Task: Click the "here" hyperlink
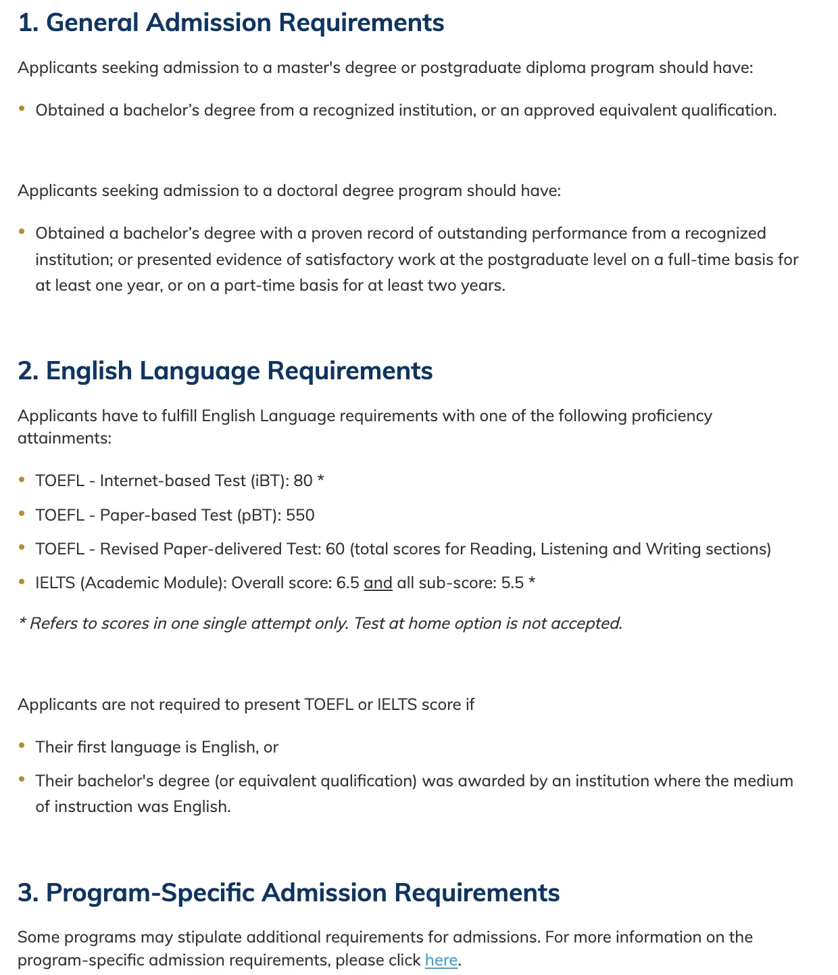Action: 441,960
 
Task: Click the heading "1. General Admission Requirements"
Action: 231,23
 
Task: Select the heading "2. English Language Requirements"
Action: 225,371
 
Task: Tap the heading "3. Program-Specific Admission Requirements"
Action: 289,893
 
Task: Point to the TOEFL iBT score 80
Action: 303,481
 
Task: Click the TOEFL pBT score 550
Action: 300,515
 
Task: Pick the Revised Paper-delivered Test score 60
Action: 335,549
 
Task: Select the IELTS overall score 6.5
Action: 347,583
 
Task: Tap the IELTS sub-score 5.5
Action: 512,583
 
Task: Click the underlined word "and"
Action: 378,583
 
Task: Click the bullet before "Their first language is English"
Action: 22,746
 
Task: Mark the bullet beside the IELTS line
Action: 22,581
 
